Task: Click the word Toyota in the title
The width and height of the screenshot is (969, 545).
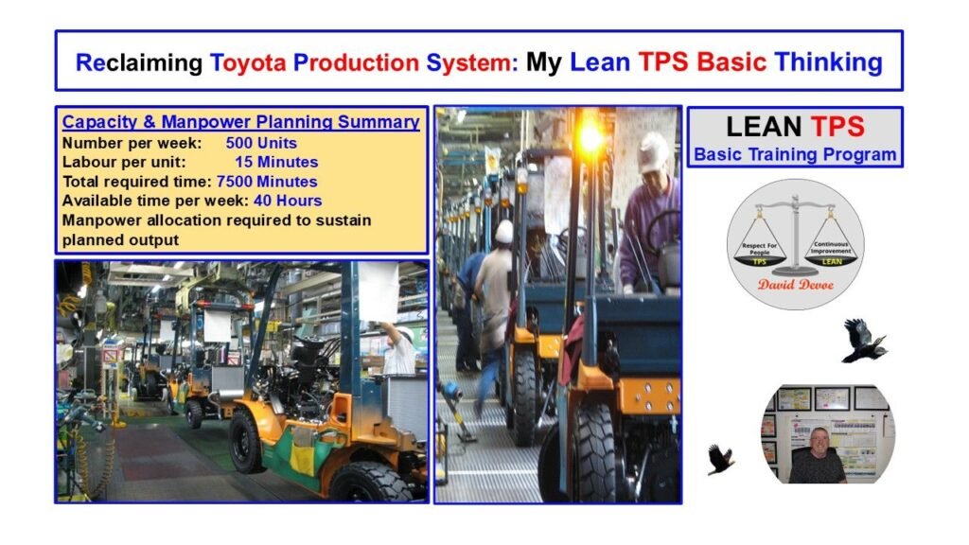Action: coord(248,62)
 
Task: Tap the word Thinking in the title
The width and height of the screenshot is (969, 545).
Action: coord(828,62)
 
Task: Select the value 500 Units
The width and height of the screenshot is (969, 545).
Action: coord(261,143)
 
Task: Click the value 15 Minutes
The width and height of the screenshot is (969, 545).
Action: coord(276,162)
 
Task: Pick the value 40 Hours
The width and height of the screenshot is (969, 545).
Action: coord(287,201)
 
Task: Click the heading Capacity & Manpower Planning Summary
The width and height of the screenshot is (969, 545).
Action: coord(240,122)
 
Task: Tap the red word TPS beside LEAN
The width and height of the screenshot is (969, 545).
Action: coord(837,127)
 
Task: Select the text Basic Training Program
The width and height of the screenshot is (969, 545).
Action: coord(795,154)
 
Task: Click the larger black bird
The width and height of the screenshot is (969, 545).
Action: coord(862,340)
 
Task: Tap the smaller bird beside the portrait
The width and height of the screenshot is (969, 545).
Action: coord(721,459)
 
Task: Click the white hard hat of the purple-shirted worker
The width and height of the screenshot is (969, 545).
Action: coord(652,151)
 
